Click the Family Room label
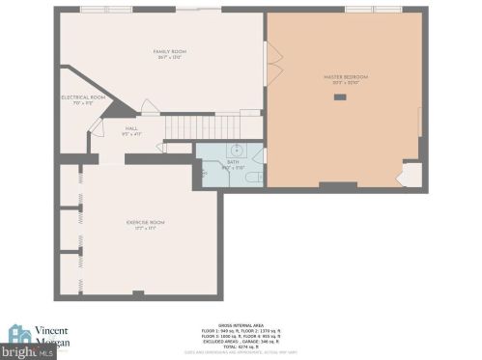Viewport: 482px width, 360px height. pos(168,51)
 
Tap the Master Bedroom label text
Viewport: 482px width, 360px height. pos(345,77)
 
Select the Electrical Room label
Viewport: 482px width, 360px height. pos(83,97)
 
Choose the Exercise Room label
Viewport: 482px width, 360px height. pos(145,223)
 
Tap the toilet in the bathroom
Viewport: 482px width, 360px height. pos(250,179)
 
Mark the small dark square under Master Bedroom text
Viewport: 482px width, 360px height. pos(339,97)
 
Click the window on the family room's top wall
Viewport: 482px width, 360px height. pos(94,9)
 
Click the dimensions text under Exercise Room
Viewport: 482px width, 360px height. pos(145,230)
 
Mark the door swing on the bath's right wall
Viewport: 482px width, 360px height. pos(259,154)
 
